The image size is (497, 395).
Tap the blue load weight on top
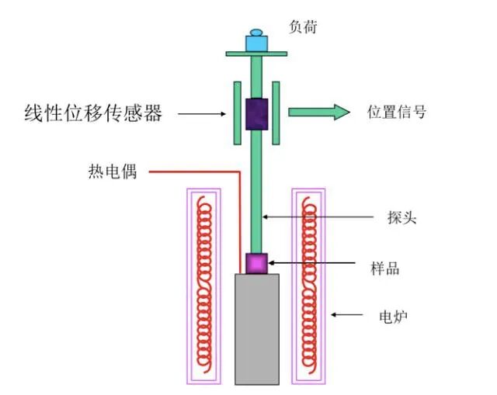256,42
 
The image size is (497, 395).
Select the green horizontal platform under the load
256,54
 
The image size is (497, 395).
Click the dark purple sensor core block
256,113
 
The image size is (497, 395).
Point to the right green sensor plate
276,113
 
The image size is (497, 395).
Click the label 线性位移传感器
93,113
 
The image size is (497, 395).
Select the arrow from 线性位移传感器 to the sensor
201,114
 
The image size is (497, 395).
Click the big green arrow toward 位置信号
318,113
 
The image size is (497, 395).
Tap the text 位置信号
396,113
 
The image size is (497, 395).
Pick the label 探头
401,217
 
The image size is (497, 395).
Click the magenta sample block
256,263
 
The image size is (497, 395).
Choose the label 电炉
393,316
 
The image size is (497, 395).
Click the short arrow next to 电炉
348,315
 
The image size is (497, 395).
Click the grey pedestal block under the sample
257,329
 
